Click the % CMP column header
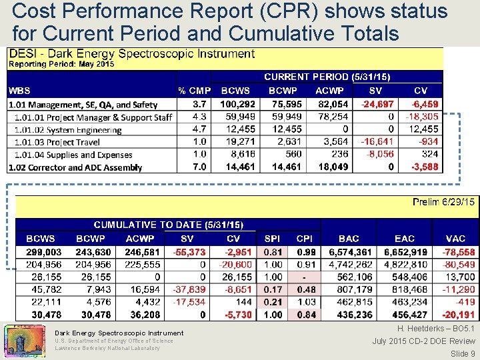pyautogui.click(x=194, y=90)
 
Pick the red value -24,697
pyautogui.click(x=377, y=104)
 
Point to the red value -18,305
pyautogui.click(x=421, y=117)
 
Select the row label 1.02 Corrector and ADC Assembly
pyautogui.click(x=75, y=167)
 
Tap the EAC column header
pyautogui.click(x=404, y=238)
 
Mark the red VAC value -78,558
pyautogui.click(x=458, y=252)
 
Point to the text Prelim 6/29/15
pyautogui.click(x=443, y=202)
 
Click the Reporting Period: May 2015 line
pyautogui.click(x=61, y=64)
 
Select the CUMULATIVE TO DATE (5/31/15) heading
pyautogui.click(x=168, y=225)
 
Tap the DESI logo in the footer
pyautogui.click(x=24, y=340)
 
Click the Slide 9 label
pyautogui.click(x=463, y=353)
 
